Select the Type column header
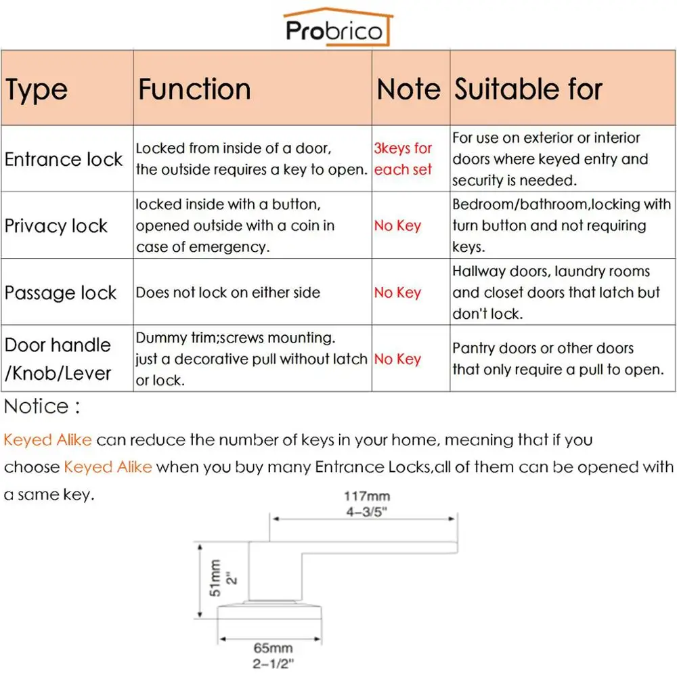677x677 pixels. coord(37,89)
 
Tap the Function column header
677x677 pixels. coord(194,89)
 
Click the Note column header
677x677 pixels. coord(408,89)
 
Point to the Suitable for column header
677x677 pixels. coord(528,89)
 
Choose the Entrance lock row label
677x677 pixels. coord(64,159)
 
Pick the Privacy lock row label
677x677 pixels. coord(56,225)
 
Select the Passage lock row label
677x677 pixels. coord(61,292)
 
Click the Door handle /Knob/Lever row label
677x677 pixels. coord(58,359)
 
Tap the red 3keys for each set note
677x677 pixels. coord(403,159)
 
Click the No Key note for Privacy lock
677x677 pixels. coord(397,225)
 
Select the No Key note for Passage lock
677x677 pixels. coord(397,292)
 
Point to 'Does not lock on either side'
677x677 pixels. coord(228,292)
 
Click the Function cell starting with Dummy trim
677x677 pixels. coord(251,359)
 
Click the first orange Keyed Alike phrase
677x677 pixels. coord(47,440)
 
